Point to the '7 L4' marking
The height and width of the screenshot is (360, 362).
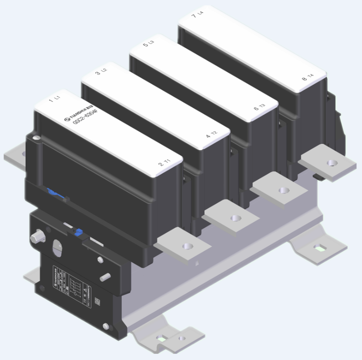[x=197, y=16]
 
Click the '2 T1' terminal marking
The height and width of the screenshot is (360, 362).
[x=164, y=163]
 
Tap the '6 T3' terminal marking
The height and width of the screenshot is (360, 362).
[x=259, y=107]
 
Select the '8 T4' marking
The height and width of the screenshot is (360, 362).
[x=307, y=79]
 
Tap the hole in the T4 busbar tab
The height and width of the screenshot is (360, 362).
[x=332, y=163]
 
